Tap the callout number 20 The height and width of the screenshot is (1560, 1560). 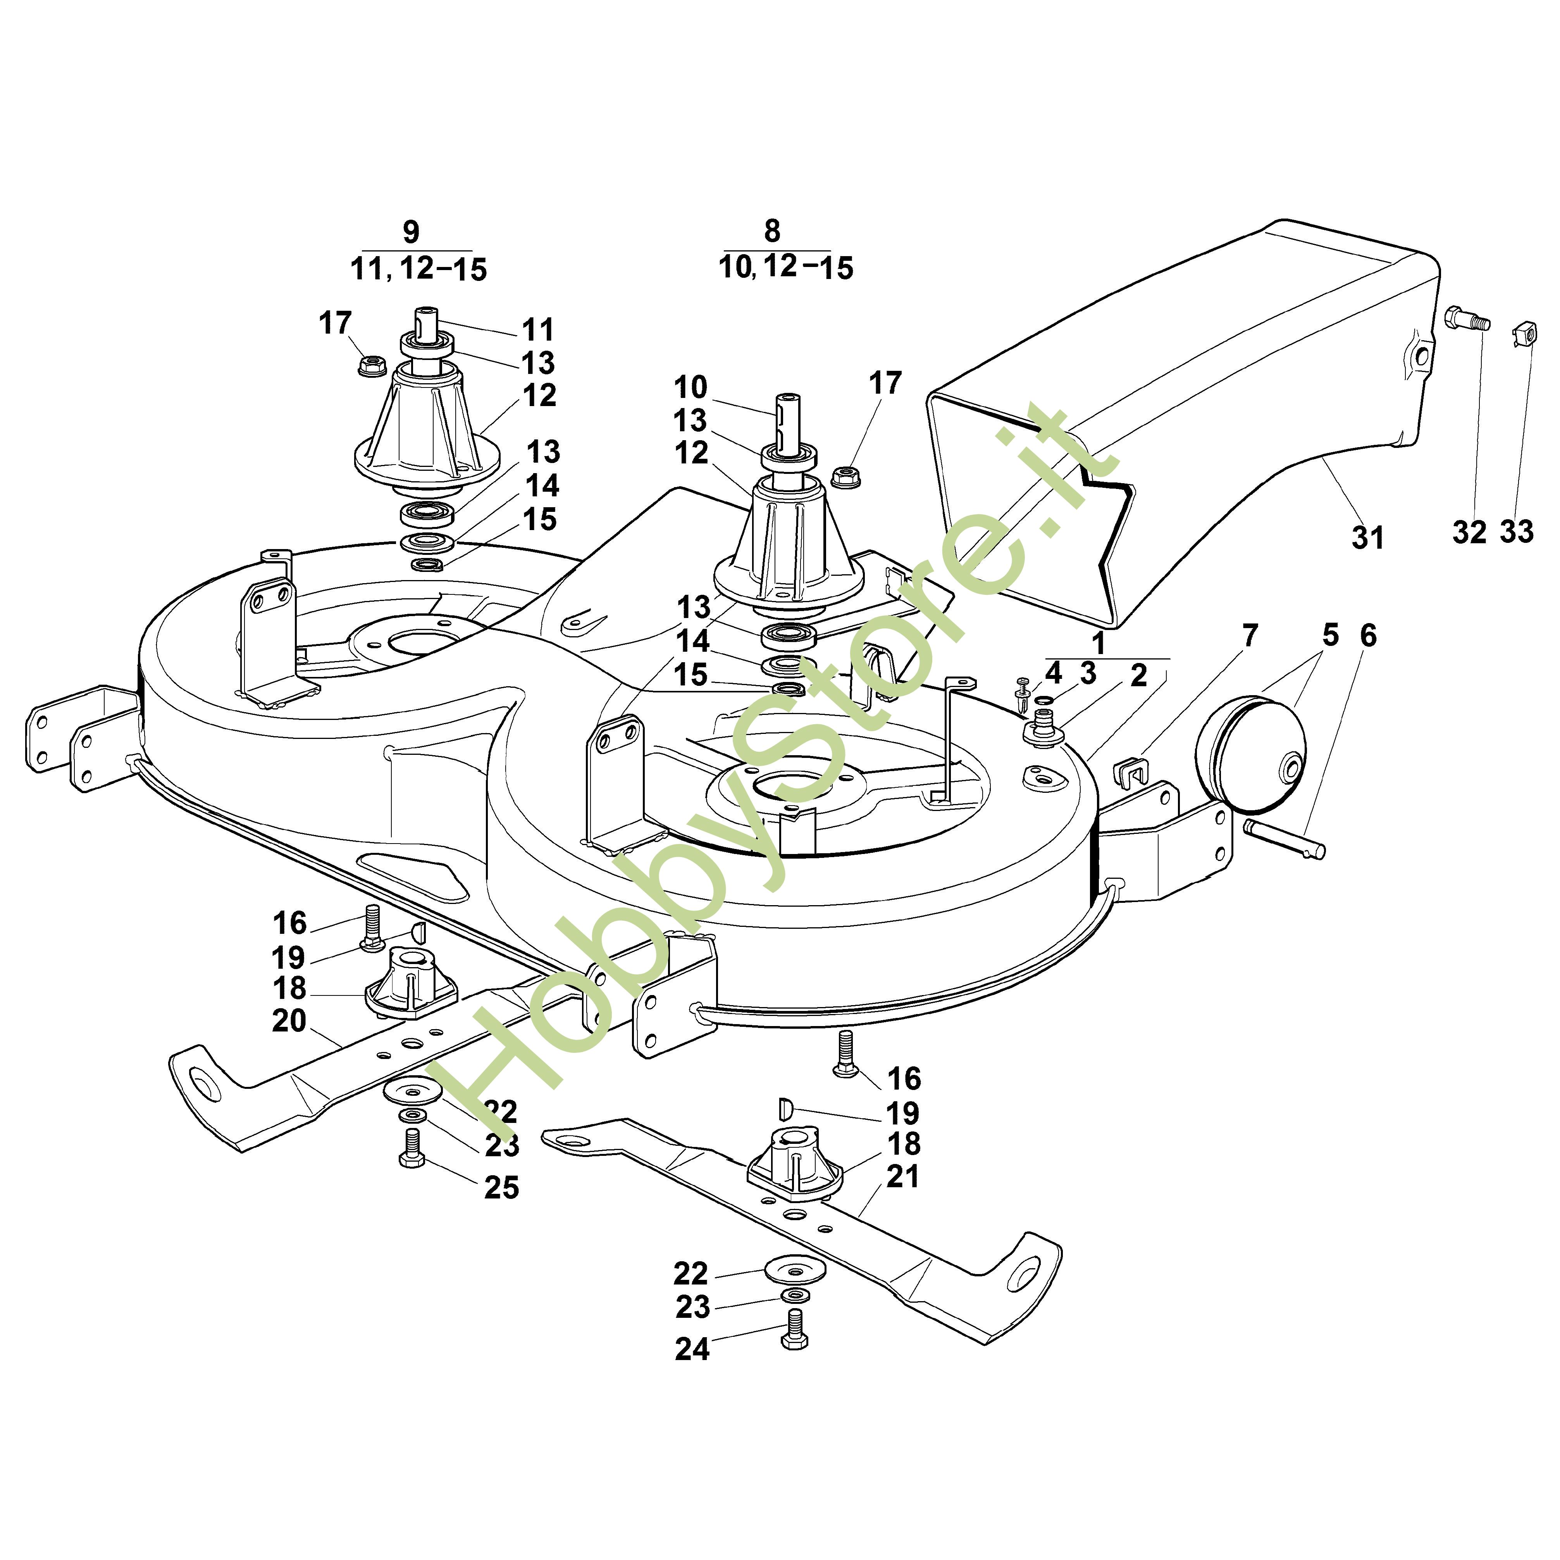[x=289, y=1021]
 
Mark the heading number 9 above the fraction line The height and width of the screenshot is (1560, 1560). [x=411, y=232]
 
